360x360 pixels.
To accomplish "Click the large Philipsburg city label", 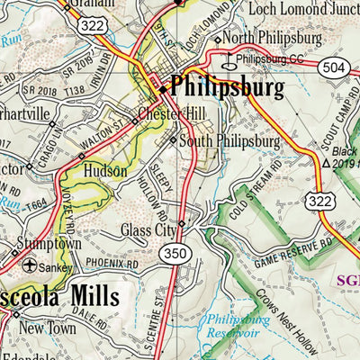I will pyautogui.click(x=226, y=87).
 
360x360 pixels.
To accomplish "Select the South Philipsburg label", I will pyautogui.click(x=229, y=141).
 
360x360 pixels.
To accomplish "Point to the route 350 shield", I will pyautogui.click(x=175, y=255).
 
